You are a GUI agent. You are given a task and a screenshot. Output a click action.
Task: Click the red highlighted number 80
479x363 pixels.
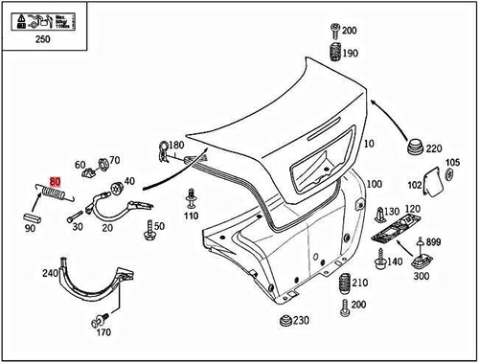pos(55,180)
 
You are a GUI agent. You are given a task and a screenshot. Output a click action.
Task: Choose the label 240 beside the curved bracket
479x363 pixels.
pos(49,273)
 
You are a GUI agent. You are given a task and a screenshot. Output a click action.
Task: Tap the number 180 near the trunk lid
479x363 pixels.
pos(176,145)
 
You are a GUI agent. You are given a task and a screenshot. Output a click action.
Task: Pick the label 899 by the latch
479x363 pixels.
pos(432,241)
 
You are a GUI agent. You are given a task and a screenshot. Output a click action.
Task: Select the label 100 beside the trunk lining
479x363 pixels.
pos(374,182)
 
